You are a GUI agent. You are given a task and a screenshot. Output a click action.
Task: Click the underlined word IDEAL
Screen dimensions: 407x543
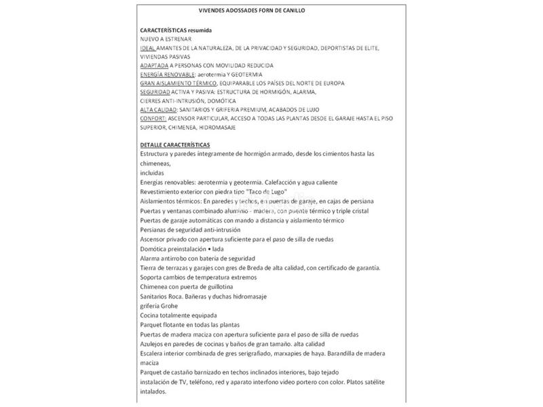point(147,49)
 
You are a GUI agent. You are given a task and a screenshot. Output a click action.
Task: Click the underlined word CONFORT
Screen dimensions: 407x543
point(153,118)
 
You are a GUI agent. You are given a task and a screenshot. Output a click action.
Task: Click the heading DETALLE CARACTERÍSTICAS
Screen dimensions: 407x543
point(175,145)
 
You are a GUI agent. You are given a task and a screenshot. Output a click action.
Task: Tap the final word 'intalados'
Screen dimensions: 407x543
point(153,391)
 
